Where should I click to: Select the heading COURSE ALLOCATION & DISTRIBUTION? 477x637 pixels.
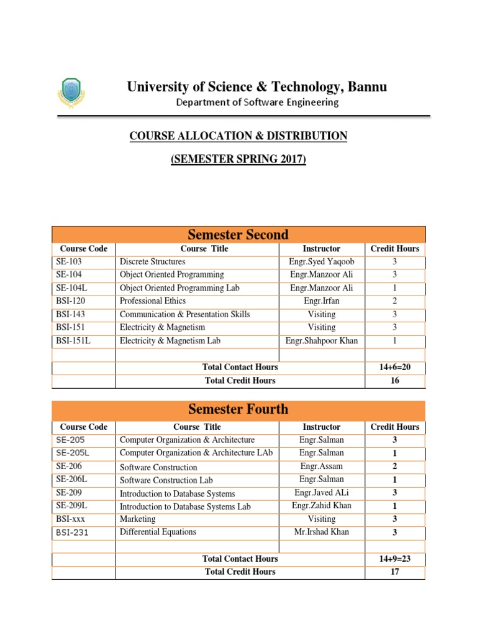point(238,136)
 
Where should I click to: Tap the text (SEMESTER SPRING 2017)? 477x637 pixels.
point(238,160)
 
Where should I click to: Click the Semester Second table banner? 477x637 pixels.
point(238,235)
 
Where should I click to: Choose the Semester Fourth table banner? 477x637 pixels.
point(238,409)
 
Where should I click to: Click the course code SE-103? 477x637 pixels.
point(69,262)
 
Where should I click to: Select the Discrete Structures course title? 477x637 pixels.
point(152,262)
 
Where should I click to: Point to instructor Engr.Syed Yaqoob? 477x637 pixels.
point(321,262)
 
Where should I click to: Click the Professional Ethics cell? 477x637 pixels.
point(152,301)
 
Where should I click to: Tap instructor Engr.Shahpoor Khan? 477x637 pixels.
point(321,341)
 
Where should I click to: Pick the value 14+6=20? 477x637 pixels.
point(394,368)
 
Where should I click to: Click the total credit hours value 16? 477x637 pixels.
point(394,381)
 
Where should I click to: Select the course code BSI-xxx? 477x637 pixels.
point(70,519)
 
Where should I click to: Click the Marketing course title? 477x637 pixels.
point(137,519)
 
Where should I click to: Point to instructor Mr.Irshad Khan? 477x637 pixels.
point(321,532)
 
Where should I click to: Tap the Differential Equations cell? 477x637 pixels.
point(158,532)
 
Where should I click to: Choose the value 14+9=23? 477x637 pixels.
point(394,559)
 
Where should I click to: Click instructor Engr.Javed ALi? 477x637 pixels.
point(321,493)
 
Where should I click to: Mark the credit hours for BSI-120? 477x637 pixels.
point(394,301)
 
